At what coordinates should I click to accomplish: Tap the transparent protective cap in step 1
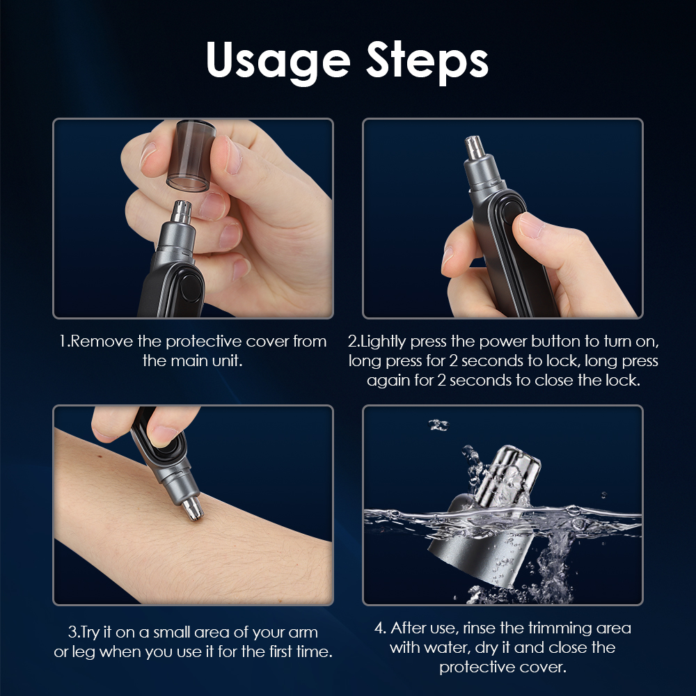pos(191,155)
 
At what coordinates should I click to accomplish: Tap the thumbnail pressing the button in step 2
pos(531,225)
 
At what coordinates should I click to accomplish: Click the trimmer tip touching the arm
pos(193,508)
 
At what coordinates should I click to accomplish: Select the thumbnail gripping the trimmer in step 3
pos(162,436)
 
